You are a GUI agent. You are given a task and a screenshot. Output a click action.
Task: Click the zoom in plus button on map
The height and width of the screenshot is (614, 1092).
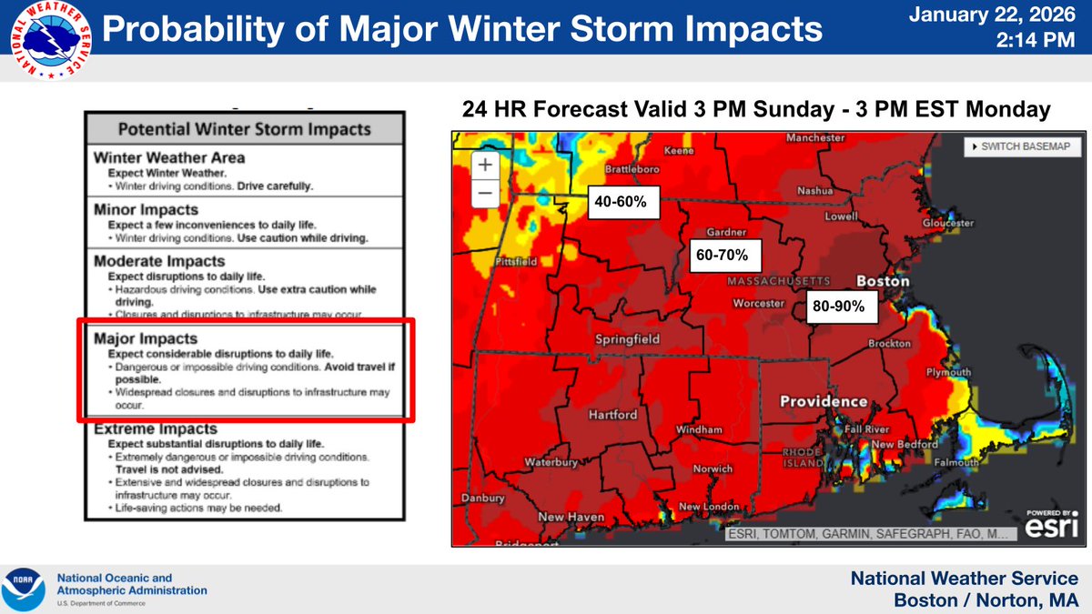(484, 165)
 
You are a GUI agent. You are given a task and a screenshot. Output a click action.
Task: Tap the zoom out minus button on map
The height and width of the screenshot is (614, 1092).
(484, 193)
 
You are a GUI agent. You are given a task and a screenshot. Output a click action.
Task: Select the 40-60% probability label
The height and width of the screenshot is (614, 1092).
(621, 202)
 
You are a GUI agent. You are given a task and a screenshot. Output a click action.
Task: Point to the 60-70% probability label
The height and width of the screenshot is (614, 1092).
(722, 256)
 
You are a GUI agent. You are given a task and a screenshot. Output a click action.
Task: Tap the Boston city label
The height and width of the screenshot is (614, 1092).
(882, 282)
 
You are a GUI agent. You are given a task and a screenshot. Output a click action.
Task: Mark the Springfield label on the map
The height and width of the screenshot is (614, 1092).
(626, 340)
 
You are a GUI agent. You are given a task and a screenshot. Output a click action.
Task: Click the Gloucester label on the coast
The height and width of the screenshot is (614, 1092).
(947, 223)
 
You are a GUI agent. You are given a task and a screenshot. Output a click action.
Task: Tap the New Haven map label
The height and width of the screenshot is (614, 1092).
(572, 517)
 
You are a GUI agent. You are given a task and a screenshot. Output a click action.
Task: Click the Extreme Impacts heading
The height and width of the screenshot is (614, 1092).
(156, 428)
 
